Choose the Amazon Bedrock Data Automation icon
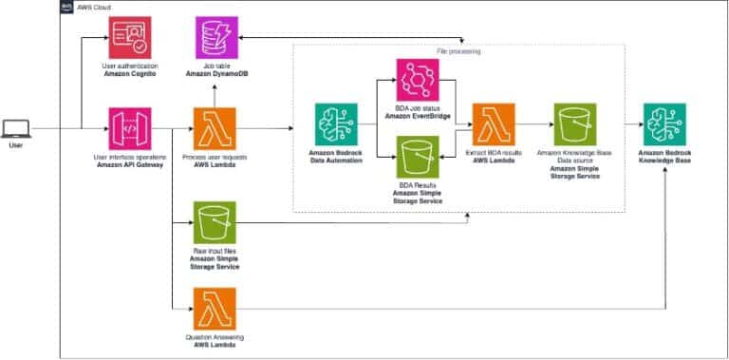pos(337,125)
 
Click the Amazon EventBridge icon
pos(418,80)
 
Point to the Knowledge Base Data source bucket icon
pos(576,125)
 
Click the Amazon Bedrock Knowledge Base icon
pos(664,125)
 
